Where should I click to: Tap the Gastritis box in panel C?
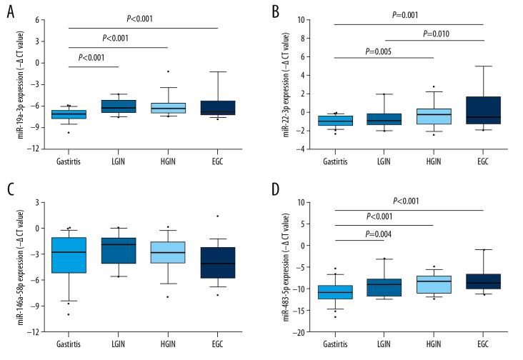pyautogui.click(x=69, y=255)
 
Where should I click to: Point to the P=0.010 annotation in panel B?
pyautogui.click(x=434, y=34)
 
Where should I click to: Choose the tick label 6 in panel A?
pyautogui.click(x=36, y=19)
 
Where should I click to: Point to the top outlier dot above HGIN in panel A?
pyautogui.click(x=169, y=71)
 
